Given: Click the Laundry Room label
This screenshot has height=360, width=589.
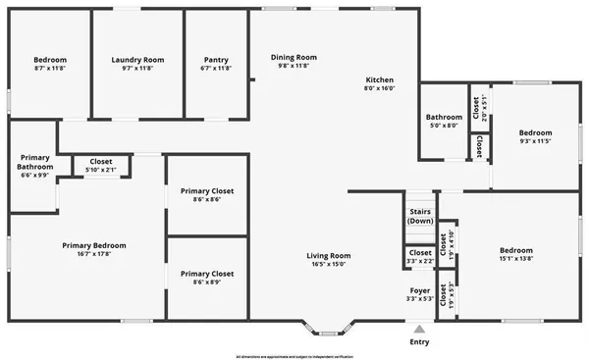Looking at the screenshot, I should point(137,60).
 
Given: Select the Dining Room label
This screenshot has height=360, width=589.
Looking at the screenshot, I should point(294,57).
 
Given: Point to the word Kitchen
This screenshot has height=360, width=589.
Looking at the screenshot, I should point(380,79).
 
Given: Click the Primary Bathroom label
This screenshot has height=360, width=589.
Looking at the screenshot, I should point(34,162).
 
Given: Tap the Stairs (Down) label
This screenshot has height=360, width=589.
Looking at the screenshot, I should point(420,215).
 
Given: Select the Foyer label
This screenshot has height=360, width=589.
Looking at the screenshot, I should point(419,290).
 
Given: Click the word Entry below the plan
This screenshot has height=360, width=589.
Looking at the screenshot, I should point(419,342).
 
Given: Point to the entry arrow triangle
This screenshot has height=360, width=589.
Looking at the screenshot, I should point(419,330).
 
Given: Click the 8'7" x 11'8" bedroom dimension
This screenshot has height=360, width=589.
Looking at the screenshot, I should point(49,69).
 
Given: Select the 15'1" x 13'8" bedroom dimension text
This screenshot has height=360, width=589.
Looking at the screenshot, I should point(516,259).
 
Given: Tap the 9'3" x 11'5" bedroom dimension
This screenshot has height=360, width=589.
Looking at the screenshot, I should point(535,141).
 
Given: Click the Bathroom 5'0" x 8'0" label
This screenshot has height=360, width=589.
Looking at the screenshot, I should point(445,120).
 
